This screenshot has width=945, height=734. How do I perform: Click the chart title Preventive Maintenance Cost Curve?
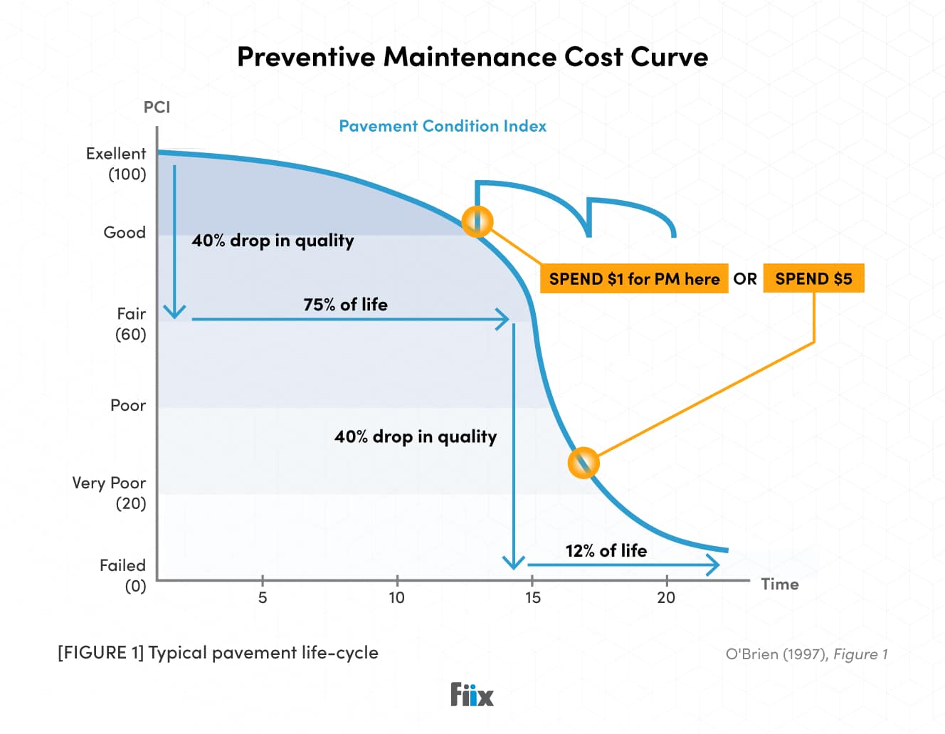click(472, 57)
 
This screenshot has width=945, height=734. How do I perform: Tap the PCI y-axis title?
click(157, 107)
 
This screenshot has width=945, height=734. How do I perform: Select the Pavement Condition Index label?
click(443, 126)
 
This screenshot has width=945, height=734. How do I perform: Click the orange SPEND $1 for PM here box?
click(634, 278)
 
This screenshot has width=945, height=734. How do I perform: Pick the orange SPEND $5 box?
click(813, 278)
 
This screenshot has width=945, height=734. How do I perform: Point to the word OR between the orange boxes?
click(745, 278)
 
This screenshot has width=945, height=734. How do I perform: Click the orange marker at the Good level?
click(477, 221)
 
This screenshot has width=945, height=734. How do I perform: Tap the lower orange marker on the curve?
click(584, 463)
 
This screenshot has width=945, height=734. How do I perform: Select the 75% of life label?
click(345, 305)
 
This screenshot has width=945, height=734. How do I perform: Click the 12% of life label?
click(606, 550)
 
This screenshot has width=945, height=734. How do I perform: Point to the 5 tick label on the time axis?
click(263, 597)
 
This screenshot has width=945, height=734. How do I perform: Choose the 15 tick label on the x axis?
click(532, 597)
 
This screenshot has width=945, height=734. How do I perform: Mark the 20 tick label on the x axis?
click(666, 597)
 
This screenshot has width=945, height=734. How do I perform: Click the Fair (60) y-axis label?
click(131, 324)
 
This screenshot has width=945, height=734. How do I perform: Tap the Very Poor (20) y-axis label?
click(110, 493)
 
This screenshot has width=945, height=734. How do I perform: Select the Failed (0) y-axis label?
click(123, 575)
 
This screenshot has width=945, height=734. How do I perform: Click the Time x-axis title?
click(780, 584)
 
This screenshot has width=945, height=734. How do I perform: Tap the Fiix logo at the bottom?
click(472, 694)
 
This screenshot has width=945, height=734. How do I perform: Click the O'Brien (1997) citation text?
click(806, 654)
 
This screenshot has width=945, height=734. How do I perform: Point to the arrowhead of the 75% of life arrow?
click(504, 319)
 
